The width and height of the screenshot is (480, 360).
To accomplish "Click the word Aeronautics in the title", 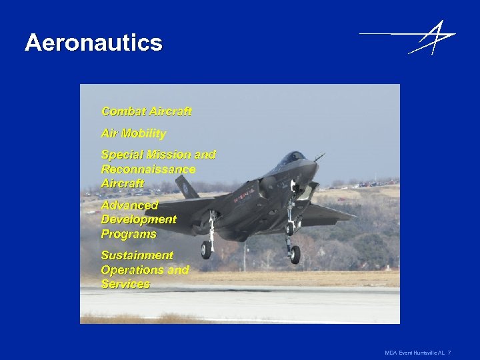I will point(93,43).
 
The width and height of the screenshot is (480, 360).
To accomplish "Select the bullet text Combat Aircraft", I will point(146,111).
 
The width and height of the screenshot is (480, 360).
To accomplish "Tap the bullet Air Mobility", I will point(133,133).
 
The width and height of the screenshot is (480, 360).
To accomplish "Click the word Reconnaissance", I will point(148,169).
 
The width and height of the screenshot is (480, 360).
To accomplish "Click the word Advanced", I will point(129,205).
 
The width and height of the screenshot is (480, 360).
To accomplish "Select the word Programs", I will point(129,234).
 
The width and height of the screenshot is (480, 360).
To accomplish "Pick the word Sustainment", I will point(137,255).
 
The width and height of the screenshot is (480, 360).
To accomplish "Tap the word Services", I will point(125,284).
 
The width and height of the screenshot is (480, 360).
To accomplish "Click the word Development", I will point(139,219).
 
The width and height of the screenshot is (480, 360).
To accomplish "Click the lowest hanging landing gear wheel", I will point(293,254).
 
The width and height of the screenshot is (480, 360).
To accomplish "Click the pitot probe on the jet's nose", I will point(320,157).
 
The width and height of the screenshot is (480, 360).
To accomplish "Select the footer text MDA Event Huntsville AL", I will point(414,352).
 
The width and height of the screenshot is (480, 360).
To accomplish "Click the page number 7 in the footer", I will point(449,352).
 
